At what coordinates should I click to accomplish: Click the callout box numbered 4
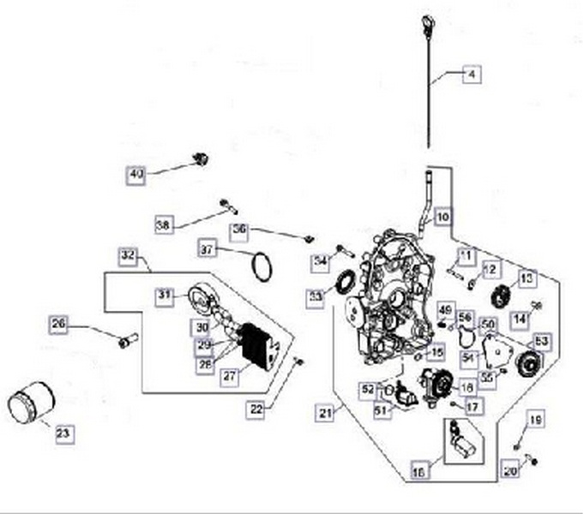pos(470,75)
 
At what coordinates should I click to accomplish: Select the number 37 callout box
pos(207,249)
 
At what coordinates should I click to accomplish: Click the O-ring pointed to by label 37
pos(262,265)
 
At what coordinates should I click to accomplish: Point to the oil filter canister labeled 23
pos(30,403)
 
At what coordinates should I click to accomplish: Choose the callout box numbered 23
pos(62,434)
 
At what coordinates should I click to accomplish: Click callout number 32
pos(128,255)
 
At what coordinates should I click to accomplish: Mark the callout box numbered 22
pos(256,410)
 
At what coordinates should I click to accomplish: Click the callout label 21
pos(324,414)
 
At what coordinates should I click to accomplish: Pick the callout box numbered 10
pos(441,217)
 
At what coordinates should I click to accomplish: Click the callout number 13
pos(526,278)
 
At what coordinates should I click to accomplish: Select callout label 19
pos(534,420)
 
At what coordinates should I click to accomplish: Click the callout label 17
pos(470,407)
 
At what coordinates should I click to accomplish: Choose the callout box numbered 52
pos(368,389)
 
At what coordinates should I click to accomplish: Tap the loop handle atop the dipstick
pos(428,21)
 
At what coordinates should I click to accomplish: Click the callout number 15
pos(437,351)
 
